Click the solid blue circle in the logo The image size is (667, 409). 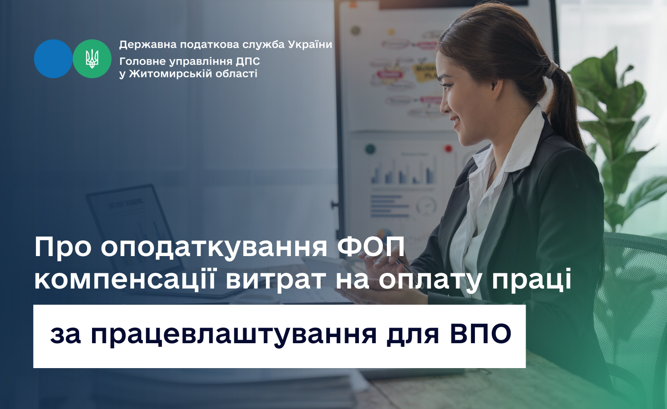point(53,59)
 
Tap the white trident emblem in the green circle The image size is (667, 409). point(92,59)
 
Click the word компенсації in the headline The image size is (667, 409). point(125,280)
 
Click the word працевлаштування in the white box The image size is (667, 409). point(235,336)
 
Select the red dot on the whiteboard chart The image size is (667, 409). point(448,148)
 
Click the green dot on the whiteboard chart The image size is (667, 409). point(370,148)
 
